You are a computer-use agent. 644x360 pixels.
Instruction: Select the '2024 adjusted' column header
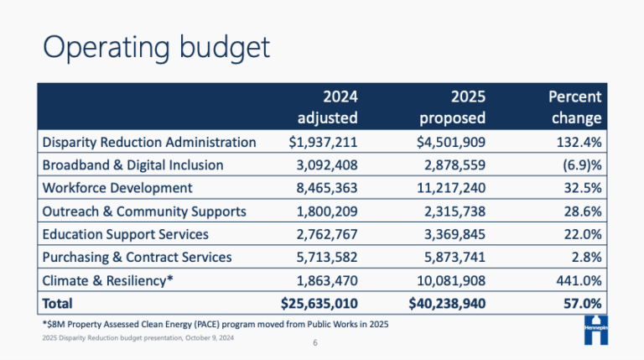pos(328,107)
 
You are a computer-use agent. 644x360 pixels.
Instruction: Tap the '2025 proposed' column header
pos(454,107)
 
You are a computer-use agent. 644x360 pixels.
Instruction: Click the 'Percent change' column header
pos(574,107)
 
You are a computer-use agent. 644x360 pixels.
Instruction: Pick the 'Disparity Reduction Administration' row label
pos(149,142)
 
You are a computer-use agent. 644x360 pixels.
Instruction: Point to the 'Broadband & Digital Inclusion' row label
pos(132,165)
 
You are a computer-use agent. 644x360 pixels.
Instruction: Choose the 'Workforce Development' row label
pos(117,188)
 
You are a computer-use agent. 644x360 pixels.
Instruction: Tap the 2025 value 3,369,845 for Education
pos(453,234)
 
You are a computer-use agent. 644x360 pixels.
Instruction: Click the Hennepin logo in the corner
pos(595,330)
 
